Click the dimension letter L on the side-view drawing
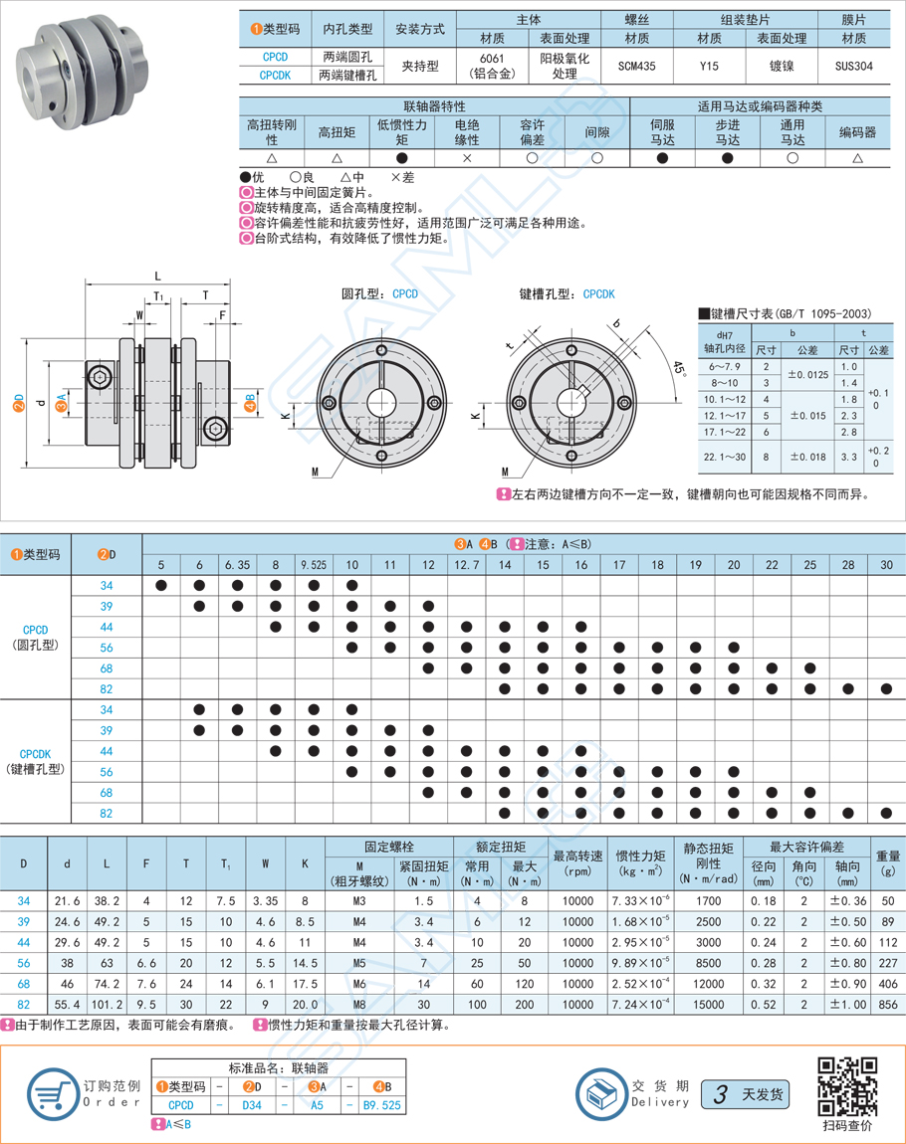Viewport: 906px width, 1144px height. click(x=158, y=276)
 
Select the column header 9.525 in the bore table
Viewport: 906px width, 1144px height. click(x=314, y=565)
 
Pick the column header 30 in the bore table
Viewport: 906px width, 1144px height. click(x=886, y=565)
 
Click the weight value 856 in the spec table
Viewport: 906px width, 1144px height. click(x=887, y=1005)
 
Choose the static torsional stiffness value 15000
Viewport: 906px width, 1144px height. click(x=709, y=1005)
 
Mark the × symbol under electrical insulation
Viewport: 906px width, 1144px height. click(x=467, y=158)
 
